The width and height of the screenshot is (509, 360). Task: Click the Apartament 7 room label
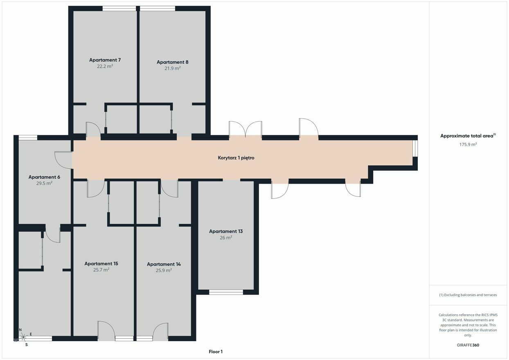click(105, 60)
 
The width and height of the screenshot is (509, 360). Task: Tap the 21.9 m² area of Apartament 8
click(173, 68)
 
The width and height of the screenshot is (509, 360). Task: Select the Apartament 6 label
click(44, 177)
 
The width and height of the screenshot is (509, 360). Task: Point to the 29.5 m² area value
click(44, 183)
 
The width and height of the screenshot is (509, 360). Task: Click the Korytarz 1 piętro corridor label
click(236, 158)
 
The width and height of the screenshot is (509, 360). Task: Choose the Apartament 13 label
click(226, 232)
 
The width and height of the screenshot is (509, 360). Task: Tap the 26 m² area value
click(226, 238)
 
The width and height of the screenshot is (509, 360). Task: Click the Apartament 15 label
click(101, 264)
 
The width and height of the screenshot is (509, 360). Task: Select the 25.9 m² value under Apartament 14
click(164, 270)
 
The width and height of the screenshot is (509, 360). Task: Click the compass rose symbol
click(23, 337)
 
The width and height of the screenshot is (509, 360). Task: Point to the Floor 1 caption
click(216, 351)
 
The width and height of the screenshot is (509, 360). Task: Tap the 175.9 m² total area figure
click(468, 144)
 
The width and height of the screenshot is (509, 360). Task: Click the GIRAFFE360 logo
click(468, 345)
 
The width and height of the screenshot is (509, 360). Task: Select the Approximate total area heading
click(468, 136)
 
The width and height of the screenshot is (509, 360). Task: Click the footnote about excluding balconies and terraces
click(468, 295)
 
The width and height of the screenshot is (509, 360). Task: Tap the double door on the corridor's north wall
click(245, 129)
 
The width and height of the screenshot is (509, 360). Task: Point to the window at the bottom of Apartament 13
click(226, 292)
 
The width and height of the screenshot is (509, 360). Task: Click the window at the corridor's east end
click(415, 148)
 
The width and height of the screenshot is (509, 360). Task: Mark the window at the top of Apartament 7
click(119, 9)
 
